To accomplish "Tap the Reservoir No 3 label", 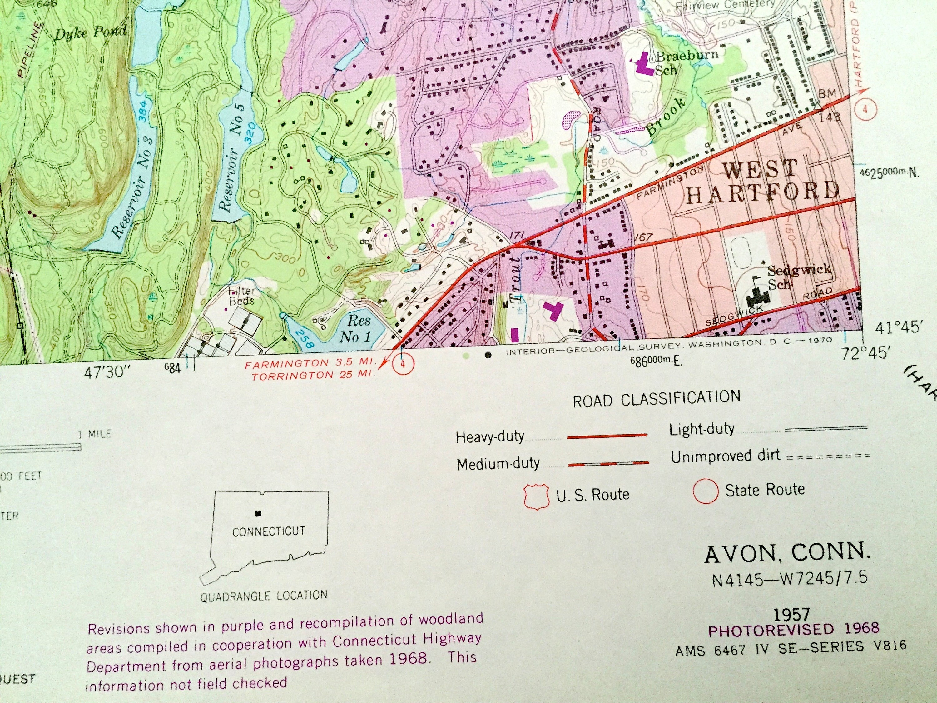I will (133, 187).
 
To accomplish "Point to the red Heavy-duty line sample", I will (607, 435).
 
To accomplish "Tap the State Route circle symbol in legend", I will (705, 491).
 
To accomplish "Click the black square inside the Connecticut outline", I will (258, 514).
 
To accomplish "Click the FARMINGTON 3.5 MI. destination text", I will (310, 364).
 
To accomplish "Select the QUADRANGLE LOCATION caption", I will (264, 596).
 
